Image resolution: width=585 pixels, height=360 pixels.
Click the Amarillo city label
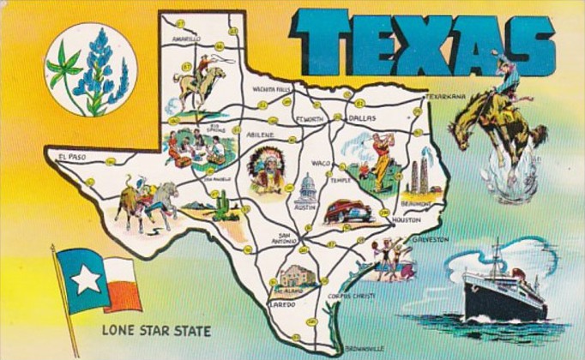pos(185,39)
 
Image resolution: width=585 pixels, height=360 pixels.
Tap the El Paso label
pos(72,156)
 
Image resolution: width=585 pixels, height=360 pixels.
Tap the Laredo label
pos(282,303)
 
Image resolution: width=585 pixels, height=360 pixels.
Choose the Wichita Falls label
pos(272,88)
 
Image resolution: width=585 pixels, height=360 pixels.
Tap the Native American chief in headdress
pos(266,168)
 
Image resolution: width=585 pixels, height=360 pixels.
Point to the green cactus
pos(223,206)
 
